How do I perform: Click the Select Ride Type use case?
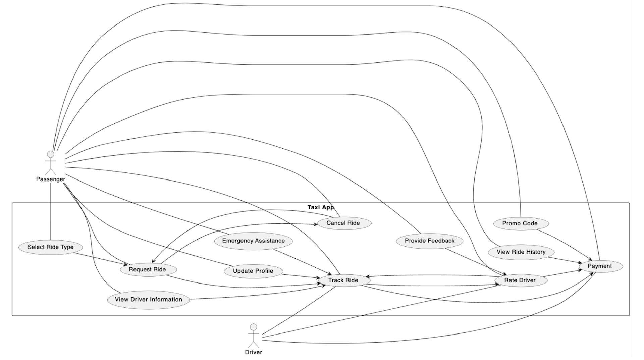coord(51,247)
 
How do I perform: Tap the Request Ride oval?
coord(148,270)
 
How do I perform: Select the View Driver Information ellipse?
coord(148,300)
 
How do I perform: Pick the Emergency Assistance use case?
coord(253,241)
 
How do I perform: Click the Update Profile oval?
coord(253,271)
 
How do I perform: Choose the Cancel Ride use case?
coord(343,223)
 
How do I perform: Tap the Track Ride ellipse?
coord(343,280)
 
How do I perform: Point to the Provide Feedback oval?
coord(429,241)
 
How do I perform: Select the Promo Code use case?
coord(520,224)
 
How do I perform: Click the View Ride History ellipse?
coord(521,252)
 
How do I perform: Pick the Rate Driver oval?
coord(520,280)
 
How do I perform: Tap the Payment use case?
coord(600,266)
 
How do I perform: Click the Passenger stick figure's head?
coord(51,154)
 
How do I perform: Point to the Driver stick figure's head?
coord(254,327)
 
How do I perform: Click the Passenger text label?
coord(51,179)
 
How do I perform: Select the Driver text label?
coord(254,352)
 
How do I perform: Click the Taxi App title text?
coord(321,207)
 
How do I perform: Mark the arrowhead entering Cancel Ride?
coord(316,224)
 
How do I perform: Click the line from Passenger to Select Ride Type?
coord(51,211)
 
